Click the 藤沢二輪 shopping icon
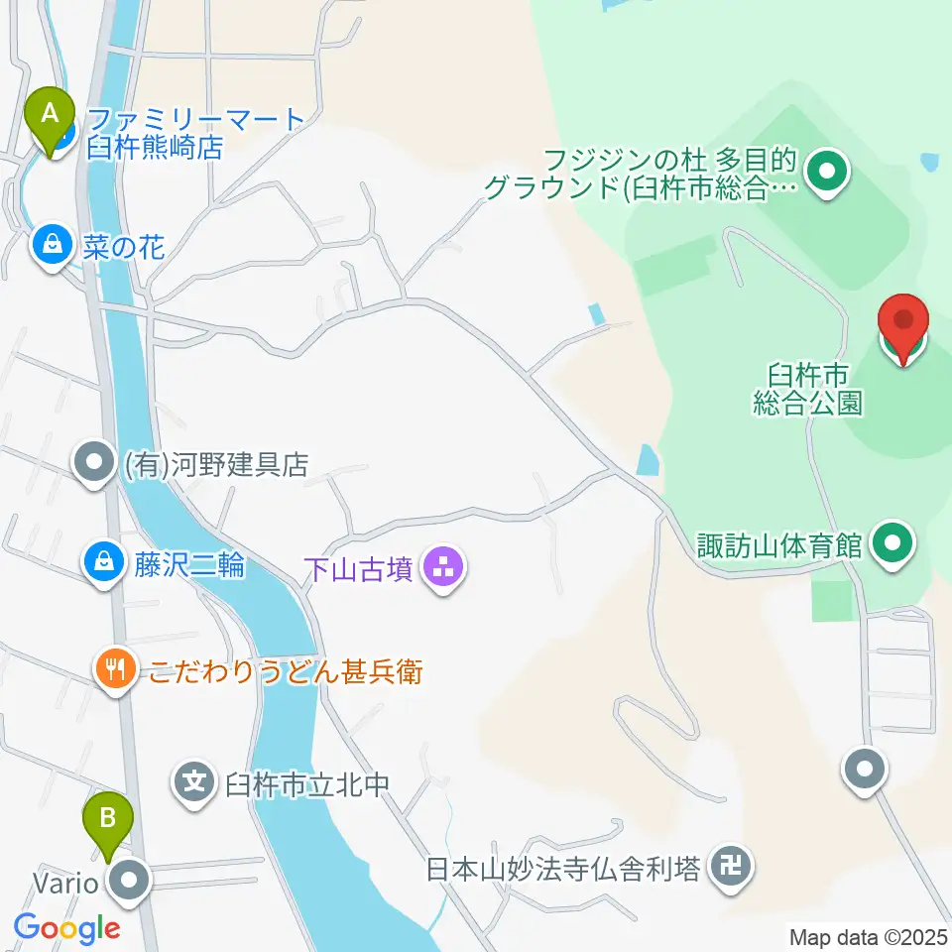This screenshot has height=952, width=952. [102, 565]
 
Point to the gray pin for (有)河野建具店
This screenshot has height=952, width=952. [95, 463]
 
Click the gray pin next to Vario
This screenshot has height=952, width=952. [130, 882]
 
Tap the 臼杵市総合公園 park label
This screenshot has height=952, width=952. [807, 388]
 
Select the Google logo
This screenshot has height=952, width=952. [66, 928]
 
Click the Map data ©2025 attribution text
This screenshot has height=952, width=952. [869, 935]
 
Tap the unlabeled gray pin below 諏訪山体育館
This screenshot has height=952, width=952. [864, 770]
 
